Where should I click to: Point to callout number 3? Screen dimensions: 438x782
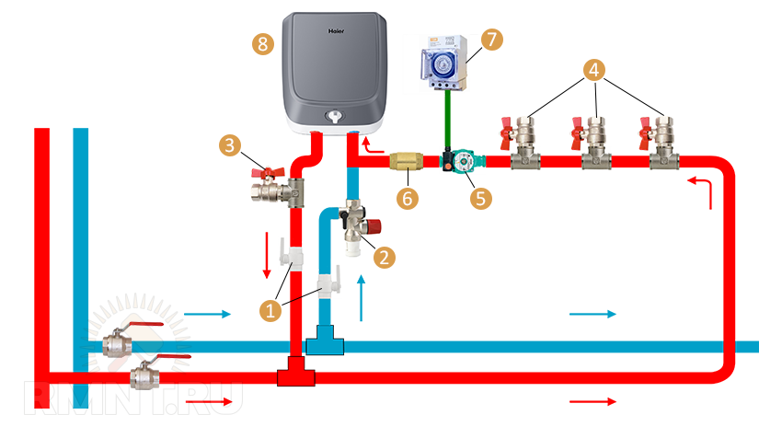pos(230,144)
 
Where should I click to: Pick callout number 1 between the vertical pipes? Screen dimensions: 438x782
pos(270,311)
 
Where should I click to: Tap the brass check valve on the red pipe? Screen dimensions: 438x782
pos(406,163)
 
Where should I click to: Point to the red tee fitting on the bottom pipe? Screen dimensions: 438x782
pos(294,375)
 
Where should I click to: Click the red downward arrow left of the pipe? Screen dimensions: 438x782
pos(267,255)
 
